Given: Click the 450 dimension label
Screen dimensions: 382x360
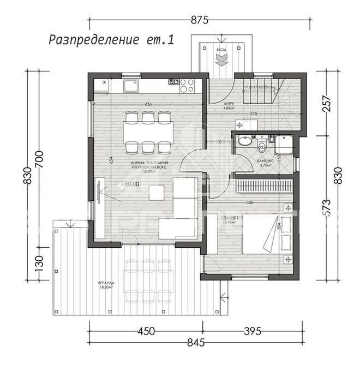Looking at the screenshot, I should click(x=146, y=331).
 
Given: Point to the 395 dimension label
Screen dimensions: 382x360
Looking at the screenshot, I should click(x=252, y=331).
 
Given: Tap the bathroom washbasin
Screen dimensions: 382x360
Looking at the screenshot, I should click(x=244, y=142).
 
